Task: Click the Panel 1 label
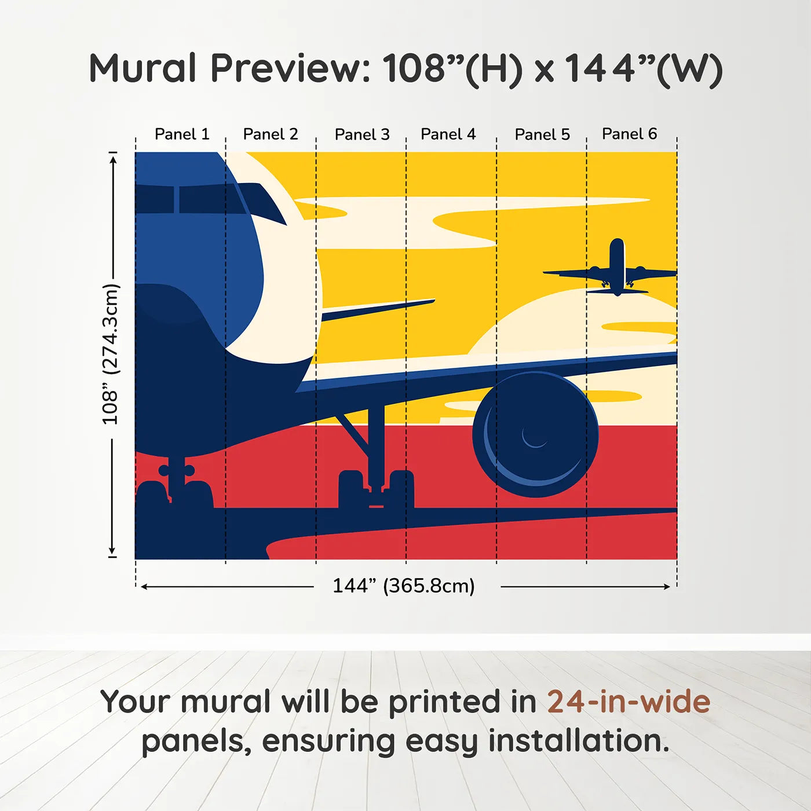(181, 134)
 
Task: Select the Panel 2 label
(270, 134)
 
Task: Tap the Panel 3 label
(362, 134)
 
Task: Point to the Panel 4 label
(448, 134)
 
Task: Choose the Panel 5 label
(542, 134)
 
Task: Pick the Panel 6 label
(629, 134)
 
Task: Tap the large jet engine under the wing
(535, 434)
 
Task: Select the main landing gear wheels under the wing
(376, 489)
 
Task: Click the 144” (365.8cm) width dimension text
(403, 586)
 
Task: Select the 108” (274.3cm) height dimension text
(110, 354)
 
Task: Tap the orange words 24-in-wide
(629, 702)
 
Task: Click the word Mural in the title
(143, 68)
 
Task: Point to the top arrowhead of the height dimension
(113, 158)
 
